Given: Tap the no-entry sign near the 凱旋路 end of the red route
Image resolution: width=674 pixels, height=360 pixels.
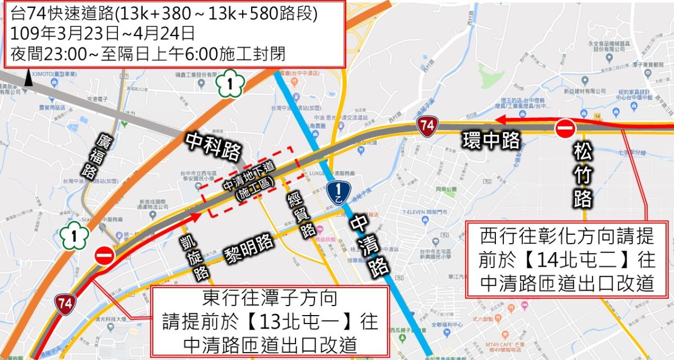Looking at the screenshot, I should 104,256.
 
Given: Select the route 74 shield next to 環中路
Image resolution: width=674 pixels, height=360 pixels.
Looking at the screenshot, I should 427,127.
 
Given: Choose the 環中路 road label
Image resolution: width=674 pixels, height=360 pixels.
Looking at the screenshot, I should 491,141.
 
